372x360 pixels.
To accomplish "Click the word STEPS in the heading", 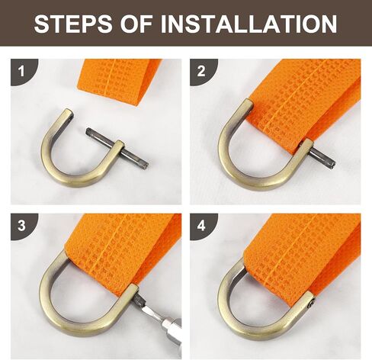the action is [x=73, y=24].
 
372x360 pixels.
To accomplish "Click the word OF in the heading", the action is [x=136, y=24].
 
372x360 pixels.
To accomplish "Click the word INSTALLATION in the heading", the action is [x=249, y=24].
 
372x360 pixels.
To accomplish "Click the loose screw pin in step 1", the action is [x=117, y=147].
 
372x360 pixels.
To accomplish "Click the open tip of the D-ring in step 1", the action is [x=69, y=112].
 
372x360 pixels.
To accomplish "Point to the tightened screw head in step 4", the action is [x=312, y=303].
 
